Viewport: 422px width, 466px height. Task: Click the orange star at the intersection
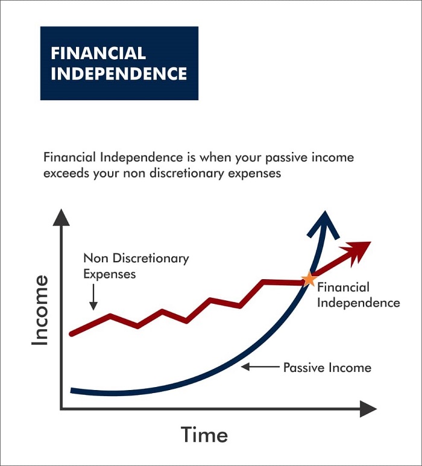pos(309,279)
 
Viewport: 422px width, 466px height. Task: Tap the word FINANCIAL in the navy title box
pos(98,53)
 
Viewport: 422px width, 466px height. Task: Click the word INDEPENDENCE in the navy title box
pos(119,74)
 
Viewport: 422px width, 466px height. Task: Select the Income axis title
pos(40,310)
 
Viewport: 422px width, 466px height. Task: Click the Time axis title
pos(204,435)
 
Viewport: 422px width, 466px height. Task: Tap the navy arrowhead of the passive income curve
pos(324,224)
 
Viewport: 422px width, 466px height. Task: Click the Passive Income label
pos(327,368)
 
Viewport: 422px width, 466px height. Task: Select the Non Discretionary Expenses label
pos(136,266)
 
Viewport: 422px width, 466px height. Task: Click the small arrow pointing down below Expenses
pos(93,297)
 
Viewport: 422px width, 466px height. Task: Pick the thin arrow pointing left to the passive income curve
pos(260,367)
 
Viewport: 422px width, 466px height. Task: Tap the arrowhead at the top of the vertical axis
pos(61,217)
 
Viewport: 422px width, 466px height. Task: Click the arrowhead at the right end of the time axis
pos(368,409)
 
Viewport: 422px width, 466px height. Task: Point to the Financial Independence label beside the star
pos(359,295)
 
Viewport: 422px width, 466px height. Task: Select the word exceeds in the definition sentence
pos(66,173)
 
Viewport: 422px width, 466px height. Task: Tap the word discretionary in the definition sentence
pos(186,173)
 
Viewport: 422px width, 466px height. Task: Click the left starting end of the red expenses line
pos(72,334)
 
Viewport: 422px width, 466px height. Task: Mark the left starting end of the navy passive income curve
pos(72,390)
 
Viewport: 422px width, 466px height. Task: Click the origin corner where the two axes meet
pos(61,409)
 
